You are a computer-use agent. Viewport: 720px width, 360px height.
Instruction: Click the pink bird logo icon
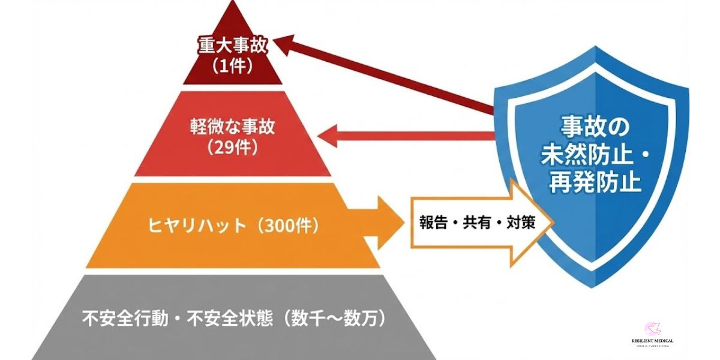point(652,328)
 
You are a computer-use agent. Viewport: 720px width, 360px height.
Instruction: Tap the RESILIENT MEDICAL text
point(652,341)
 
